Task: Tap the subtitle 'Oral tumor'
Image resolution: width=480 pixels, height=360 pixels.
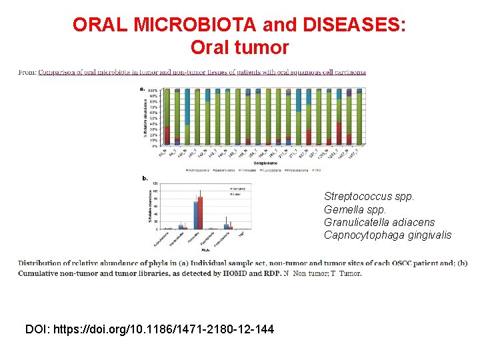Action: tap(239, 48)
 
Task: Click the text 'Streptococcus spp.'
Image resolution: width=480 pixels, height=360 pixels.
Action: tap(369, 197)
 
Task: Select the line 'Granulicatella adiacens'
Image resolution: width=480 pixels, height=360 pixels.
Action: tap(379, 222)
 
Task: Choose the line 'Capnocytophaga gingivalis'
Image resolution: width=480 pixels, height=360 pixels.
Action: tap(387, 235)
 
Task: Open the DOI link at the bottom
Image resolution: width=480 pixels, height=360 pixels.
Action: tap(149, 329)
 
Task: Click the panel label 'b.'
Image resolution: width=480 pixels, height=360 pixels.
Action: tap(145, 178)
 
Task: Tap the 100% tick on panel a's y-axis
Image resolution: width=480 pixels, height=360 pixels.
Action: tap(153, 90)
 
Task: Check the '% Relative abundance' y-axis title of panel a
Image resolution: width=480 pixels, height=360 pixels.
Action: tap(145, 118)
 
